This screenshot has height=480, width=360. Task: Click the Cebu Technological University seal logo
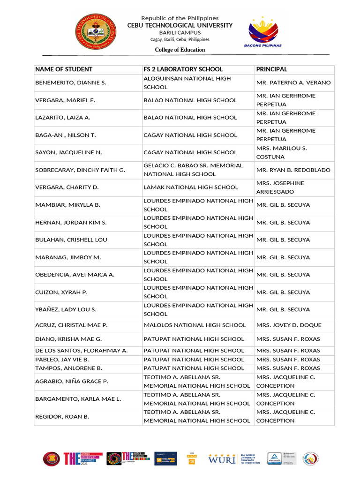tap(97, 32)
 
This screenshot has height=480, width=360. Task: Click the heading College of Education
tap(180, 50)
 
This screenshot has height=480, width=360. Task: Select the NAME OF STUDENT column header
tap(64, 69)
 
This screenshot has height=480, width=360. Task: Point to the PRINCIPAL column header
tap(272, 69)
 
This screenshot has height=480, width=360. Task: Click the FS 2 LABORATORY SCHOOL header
tap(183, 69)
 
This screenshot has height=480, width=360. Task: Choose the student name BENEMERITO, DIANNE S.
tap(71, 83)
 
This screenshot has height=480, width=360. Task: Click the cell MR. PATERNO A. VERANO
tap(293, 83)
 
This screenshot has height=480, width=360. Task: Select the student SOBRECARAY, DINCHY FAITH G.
tap(80, 170)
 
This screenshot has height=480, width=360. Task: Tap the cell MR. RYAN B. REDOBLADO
tap(293, 170)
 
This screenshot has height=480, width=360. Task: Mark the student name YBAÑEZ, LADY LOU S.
tap(66, 310)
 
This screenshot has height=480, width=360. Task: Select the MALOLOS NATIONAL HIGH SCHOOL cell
tap(195, 325)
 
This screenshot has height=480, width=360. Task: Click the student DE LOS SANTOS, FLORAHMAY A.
tap(82, 351)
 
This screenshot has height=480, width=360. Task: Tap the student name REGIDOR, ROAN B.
tap(62, 416)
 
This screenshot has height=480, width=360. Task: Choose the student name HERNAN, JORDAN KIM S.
tap(71, 223)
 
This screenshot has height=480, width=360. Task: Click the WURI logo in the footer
tap(223, 458)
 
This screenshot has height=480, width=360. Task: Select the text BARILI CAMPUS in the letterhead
tap(180, 33)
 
